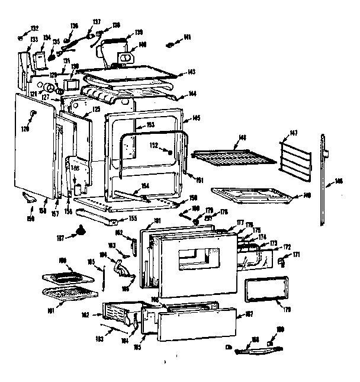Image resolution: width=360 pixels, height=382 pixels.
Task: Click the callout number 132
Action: click(35, 28)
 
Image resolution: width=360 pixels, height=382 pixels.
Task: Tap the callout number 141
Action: click(187, 38)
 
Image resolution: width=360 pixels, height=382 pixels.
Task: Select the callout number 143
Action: click(191, 72)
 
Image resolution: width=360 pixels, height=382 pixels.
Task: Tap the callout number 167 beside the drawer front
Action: click(249, 314)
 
